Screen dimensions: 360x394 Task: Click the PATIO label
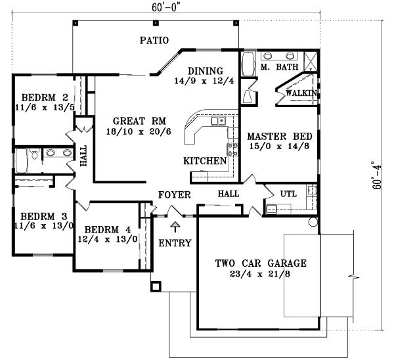[154, 41]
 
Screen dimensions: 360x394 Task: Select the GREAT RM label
[139, 121]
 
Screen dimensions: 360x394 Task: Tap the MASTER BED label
[274, 137]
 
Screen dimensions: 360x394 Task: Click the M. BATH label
[280, 67]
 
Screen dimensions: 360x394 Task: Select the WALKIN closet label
[302, 93]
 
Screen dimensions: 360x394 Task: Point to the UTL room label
[289, 194]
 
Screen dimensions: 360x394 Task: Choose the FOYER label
[174, 195]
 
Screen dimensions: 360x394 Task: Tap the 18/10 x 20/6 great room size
[139, 131]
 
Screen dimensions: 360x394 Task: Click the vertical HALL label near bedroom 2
[83, 156]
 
